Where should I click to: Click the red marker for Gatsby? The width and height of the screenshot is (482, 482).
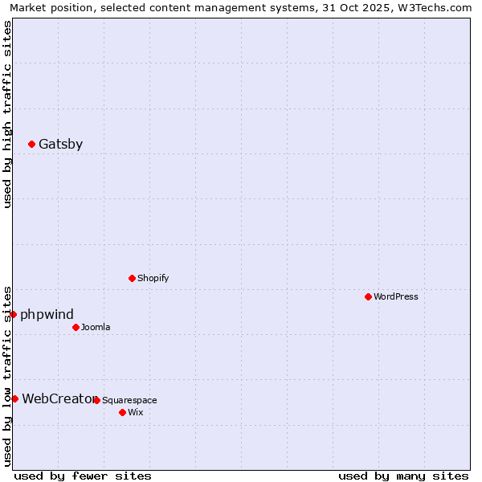coord(32,145)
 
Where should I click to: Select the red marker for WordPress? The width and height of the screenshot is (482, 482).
coord(369,296)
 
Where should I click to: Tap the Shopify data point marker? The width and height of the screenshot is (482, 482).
coord(133,278)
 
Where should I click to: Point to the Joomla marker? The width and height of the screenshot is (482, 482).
coord(76,327)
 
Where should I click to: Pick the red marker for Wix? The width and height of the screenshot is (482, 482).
coord(123,412)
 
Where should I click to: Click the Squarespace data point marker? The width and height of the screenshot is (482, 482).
coord(97,400)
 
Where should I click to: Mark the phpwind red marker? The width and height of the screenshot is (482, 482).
coord(14,314)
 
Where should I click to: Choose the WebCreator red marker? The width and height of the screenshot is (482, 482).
coord(15,398)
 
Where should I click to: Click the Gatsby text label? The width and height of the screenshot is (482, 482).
coord(60,145)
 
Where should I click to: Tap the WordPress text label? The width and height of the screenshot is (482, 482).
coord(396,296)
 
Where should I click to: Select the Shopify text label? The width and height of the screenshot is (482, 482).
coord(153,278)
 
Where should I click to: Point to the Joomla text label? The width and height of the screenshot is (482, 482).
coord(96,327)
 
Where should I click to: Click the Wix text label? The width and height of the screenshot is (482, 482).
coord(135,412)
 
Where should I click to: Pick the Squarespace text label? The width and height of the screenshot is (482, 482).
coord(129,400)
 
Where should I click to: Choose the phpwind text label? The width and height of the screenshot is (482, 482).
coord(47,314)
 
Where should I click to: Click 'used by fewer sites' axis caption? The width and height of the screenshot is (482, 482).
coord(83,476)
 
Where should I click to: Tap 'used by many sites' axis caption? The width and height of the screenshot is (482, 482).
coord(403,476)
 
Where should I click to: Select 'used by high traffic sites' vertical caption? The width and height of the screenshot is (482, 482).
coord(7,114)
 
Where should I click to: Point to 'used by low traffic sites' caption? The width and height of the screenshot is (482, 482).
coord(7,375)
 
